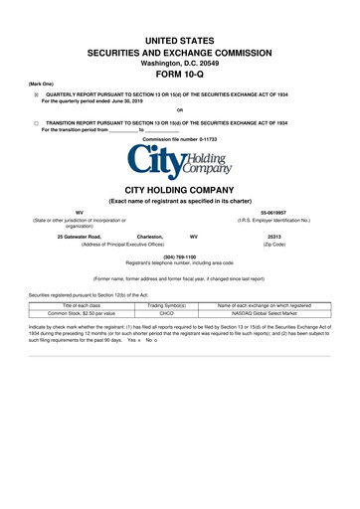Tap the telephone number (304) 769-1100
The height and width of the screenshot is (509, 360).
[x=179, y=255]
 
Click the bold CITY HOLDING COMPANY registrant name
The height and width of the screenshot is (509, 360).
[x=179, y=188]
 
